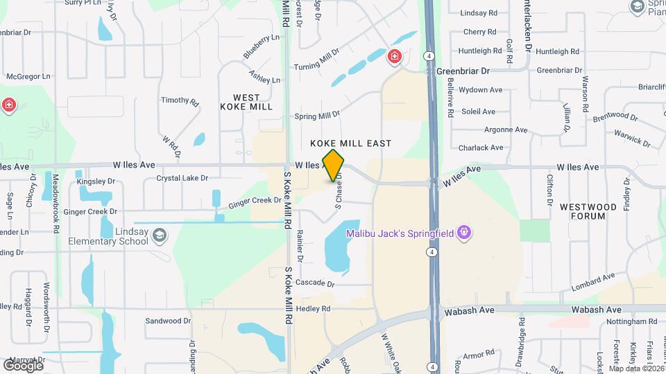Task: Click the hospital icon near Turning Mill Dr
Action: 395,56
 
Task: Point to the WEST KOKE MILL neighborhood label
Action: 246,102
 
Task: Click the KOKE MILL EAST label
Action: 351,143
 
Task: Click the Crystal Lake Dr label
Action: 182,178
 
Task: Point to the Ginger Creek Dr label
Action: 255,202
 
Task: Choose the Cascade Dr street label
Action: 315,284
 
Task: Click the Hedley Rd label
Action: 313,308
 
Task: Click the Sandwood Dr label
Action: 168,321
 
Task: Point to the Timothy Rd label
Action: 180,100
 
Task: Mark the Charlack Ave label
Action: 481,148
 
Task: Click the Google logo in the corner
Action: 22,364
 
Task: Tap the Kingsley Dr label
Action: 95,182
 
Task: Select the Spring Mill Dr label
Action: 317,114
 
